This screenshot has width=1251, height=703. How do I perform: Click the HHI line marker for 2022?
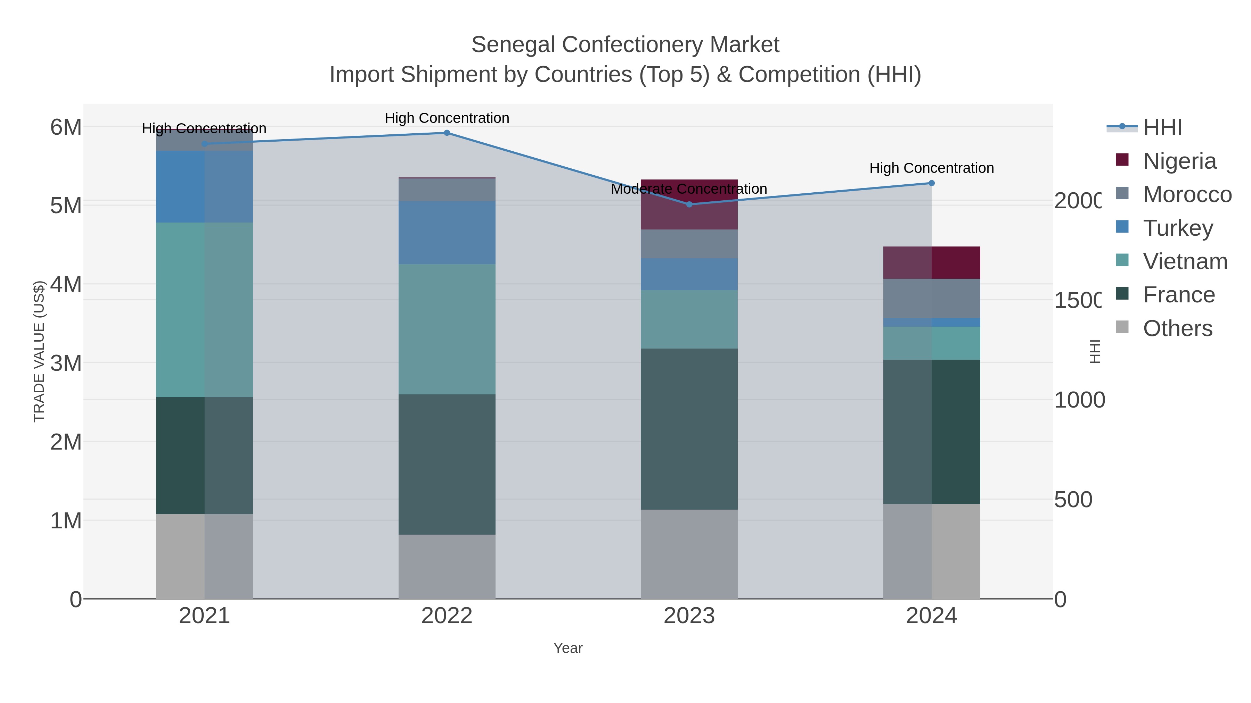(447, 133)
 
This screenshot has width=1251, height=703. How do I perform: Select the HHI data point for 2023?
(689, 204)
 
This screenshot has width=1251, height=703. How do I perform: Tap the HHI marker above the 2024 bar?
(931, 183)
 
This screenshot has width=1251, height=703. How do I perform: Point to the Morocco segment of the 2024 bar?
(931, 298)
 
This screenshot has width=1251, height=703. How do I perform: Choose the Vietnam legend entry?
(1185, 261)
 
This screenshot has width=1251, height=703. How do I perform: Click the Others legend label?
(1177, 328)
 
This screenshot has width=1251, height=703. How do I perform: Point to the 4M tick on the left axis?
(66, 284)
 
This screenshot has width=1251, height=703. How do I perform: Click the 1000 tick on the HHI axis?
(1079, 400)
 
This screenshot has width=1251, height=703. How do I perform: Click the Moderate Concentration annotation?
(689, 189)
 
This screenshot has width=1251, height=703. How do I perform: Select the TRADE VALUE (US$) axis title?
(39, 351)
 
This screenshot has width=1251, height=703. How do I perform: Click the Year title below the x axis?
(568, 648)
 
